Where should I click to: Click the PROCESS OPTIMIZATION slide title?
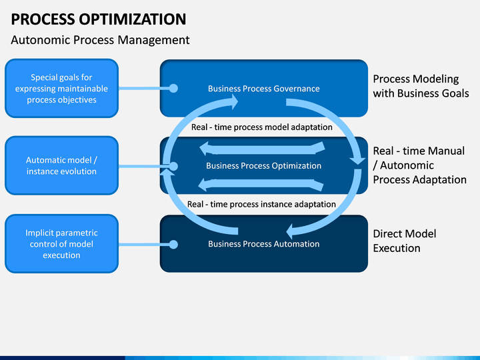99,19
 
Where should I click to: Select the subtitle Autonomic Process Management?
100,40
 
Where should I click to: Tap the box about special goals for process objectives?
61,88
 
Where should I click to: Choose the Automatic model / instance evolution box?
61,165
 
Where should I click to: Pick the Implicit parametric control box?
61,244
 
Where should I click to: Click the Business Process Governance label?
264,89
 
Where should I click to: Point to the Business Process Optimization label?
264,165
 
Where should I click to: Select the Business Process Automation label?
264,244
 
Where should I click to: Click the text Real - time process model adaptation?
262,127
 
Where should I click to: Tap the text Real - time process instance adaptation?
261,204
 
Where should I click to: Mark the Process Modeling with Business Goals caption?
421,86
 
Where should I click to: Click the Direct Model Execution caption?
405,241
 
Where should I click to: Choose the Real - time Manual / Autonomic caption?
420,165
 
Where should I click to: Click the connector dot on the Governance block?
173,89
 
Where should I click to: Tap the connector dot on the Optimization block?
173,166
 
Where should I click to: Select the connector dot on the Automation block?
173,245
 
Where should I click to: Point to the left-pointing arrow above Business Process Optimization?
262,149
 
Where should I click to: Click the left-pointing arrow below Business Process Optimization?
261,184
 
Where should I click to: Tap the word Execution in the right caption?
397,248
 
